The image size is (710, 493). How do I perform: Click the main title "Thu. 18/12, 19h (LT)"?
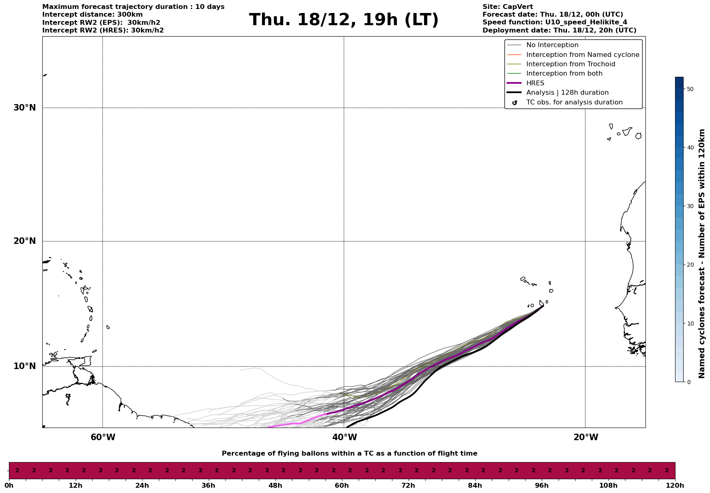point(344,20)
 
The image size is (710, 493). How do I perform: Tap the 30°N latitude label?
point(25,108)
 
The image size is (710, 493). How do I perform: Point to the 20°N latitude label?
point(25,241)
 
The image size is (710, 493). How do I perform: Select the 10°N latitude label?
point(25,366)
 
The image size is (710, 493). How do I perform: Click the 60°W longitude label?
point(103,437)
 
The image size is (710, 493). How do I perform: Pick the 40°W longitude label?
point(344,437)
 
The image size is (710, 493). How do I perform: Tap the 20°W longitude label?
point(586,437)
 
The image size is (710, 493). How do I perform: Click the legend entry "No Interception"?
point(552,45)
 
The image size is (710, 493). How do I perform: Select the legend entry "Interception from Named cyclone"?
point(582,55)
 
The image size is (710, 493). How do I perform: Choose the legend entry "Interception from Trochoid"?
point(570,64)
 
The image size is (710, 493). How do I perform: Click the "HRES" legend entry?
point(535,83)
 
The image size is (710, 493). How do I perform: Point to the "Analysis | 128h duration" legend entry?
point(567,93)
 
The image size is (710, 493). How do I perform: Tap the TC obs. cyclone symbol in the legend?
point(515,103)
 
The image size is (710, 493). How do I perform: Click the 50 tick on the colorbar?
point(690,89)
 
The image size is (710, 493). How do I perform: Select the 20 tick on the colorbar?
point(690,265)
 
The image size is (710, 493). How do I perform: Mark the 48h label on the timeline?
point(275,486)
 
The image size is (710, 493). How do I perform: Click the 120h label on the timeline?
point(675,486)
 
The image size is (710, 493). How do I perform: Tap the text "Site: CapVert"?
point(507,7)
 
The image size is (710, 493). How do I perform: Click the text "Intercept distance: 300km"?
point(92,15)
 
